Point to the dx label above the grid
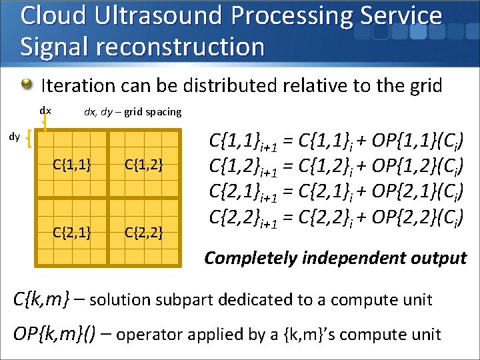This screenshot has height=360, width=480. [x=45, y=110]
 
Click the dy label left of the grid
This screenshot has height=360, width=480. [x=14, y=137]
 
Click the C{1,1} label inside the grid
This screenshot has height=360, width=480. [x=73, y=163]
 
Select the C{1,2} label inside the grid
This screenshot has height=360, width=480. [x=144, y=163]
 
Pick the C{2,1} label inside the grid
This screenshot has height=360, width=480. [x=73, y=233]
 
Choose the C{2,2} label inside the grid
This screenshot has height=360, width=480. [x=144, y=233]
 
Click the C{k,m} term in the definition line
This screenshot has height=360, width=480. [x=41, y=299]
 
